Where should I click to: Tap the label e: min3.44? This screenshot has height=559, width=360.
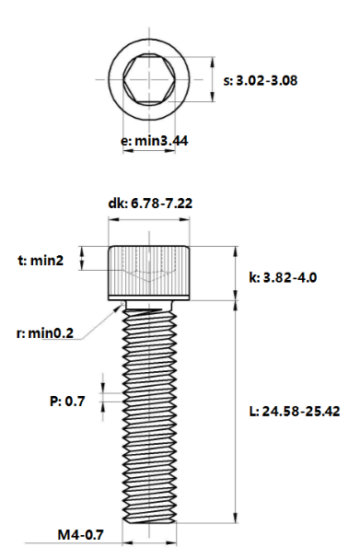pyautogui.click(x=156, y=142)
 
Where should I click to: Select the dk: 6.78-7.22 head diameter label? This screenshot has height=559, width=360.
pyautogui.click(x=150, y=204)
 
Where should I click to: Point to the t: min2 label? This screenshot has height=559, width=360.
pyautogui.click(x=41, y=261)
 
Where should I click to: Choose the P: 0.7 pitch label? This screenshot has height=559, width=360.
pyautogui.click(x=67, y=401)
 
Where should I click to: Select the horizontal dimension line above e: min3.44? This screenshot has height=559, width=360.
pyautogui.click(x=149, y=126)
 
